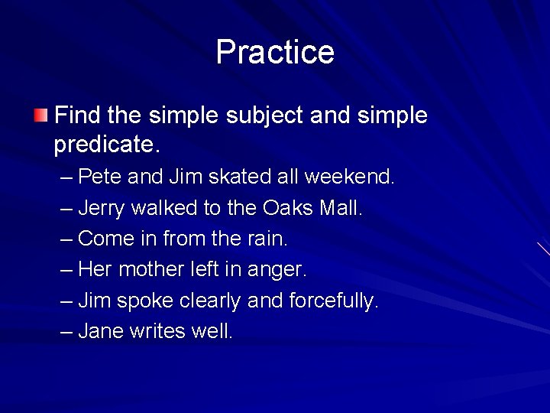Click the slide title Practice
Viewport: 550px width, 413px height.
coord(275,52)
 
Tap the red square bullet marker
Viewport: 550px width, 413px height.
coord(40,116)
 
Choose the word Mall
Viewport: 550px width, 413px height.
coord(340,207)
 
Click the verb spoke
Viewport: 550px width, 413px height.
coord(145,301)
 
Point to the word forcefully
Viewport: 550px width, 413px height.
coord(333,301)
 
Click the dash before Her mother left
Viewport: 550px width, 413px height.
coord(66,270)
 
